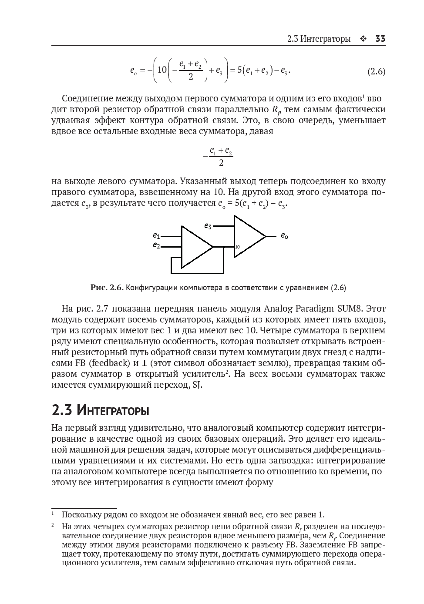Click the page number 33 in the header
380,39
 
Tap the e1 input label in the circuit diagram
156,235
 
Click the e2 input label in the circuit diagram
156,246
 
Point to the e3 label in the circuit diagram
208,226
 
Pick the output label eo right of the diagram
284,236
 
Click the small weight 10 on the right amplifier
237,247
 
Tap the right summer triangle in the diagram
247,237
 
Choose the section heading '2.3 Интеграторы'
100,410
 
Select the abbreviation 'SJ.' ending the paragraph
197,385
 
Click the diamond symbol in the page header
363,39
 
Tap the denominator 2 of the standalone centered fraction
221,163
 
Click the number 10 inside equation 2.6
162,70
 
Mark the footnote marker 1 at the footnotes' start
53,513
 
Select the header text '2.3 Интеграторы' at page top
319,39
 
